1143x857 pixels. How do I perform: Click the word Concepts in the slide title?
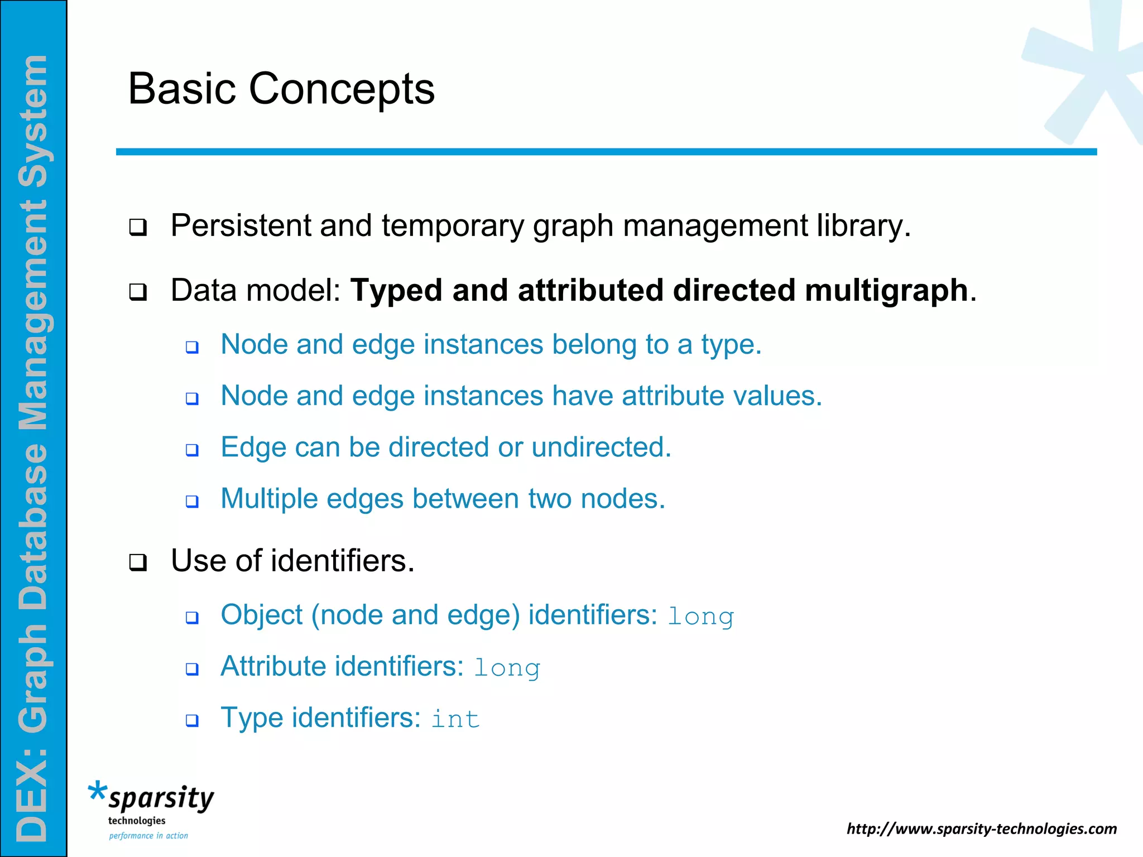341,89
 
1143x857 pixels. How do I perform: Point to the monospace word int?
455,719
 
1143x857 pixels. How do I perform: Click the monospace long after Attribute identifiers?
507,668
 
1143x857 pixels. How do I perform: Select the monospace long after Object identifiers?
700,617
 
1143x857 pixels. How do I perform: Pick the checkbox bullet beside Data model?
138,292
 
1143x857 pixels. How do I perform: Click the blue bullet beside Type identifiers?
192,720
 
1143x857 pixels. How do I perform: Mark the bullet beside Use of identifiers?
138,562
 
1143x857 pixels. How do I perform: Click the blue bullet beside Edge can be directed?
192,450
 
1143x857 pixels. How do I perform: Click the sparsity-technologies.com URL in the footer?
981,829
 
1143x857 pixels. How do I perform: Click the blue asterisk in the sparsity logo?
97,791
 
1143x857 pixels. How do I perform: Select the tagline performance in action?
148,836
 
